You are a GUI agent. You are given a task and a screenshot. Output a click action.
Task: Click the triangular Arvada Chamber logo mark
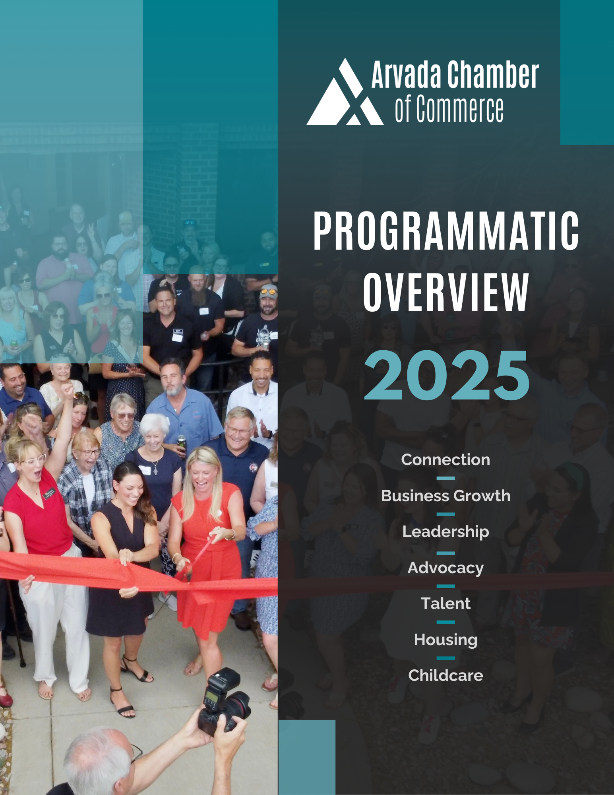[345, 95]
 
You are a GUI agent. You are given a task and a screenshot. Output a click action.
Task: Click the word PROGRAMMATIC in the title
[446, 231]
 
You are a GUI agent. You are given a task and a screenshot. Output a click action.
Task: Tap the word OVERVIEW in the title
[446, 292]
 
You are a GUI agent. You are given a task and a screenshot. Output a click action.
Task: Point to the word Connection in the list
[445, 460]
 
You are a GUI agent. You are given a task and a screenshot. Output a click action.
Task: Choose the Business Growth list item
[445, 496]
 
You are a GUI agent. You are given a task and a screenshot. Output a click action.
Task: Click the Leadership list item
[445, 532]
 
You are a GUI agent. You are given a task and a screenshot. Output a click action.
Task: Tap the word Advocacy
[445, 568]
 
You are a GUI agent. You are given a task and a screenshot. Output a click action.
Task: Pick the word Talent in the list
[445, 603]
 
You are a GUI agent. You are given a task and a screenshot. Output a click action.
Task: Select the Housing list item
[445, 640]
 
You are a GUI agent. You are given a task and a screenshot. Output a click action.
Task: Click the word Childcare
[445, 675]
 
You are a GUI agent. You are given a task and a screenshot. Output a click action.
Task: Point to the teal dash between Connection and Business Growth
[445, 478]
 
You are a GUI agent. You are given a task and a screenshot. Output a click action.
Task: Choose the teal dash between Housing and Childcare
[445, 658]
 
